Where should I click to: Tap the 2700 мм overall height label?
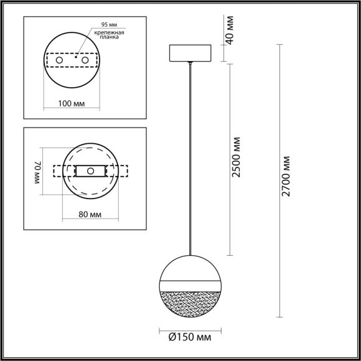tap(287, 176)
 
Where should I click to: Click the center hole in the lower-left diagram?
tap(91, 170)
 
